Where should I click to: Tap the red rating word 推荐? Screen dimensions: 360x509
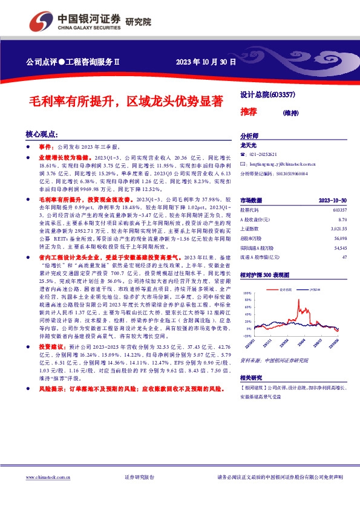(249, 111)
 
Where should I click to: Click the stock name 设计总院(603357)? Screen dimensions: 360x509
(267, 95)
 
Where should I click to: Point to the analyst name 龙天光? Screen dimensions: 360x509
(249, 146)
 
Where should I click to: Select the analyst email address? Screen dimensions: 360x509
(278, 164)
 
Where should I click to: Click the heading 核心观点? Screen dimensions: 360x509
(42, 134)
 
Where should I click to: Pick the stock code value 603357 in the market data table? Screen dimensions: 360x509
(339, 209)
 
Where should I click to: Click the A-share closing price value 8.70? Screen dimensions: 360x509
(342, 219)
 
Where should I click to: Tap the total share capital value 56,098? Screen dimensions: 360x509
(339, 238)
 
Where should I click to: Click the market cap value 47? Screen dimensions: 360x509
(344, 258)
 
